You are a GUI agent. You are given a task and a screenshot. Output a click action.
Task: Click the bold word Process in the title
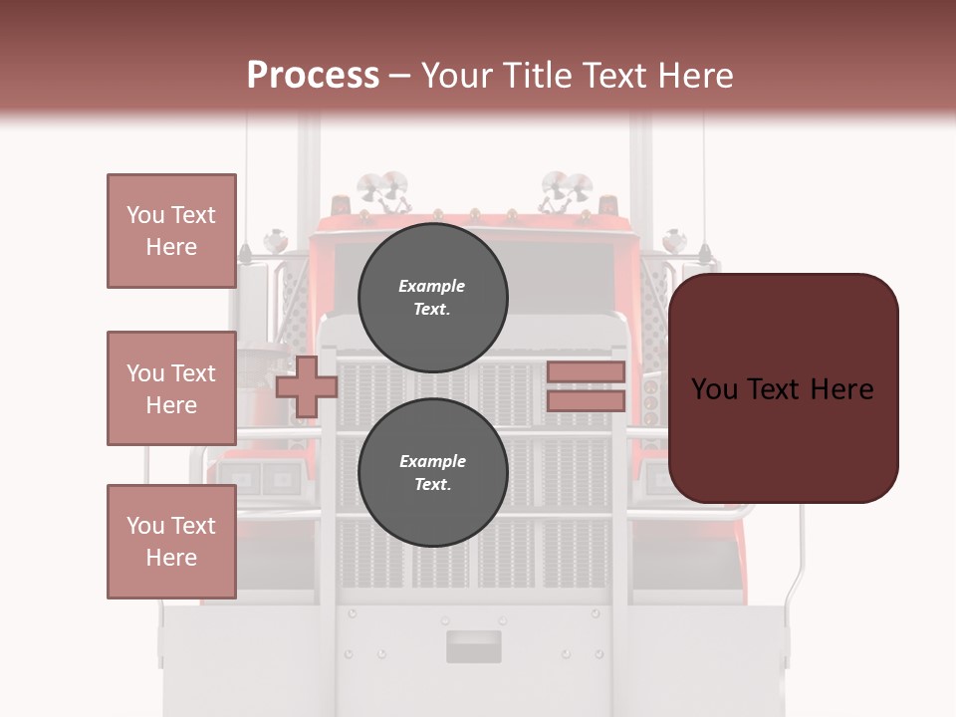pos(313,76)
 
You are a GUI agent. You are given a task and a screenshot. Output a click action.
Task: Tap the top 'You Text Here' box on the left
pos(171,231)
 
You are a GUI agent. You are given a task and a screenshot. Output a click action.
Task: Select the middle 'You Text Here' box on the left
pos(171,388)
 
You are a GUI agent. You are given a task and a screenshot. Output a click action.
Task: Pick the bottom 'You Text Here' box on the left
pos(171,542)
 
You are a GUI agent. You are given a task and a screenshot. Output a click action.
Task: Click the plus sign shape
pos(306,386)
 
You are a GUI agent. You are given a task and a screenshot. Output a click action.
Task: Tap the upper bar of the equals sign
pos(586,371)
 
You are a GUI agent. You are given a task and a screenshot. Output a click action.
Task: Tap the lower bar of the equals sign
pos(586,401)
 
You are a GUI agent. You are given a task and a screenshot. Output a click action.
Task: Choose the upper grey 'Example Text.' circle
pos(432,297)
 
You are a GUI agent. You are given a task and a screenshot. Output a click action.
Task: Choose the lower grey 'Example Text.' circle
pos(432,472)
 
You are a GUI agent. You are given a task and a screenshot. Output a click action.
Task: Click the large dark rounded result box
pos(783,387)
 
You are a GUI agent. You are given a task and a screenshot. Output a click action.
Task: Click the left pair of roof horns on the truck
pos(382,188)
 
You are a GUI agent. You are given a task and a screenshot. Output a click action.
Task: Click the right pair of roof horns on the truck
pos(566,188)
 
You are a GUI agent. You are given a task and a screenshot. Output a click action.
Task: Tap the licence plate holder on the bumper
pos(473,646)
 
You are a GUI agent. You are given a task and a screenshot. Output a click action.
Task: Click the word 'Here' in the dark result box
pos(841,389)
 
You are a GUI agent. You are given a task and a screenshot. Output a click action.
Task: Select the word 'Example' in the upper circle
pos(432,286)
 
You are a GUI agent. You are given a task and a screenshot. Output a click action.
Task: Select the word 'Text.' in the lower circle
pos(432,484)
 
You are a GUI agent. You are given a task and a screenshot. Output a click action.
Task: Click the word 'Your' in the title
pos(458,76)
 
